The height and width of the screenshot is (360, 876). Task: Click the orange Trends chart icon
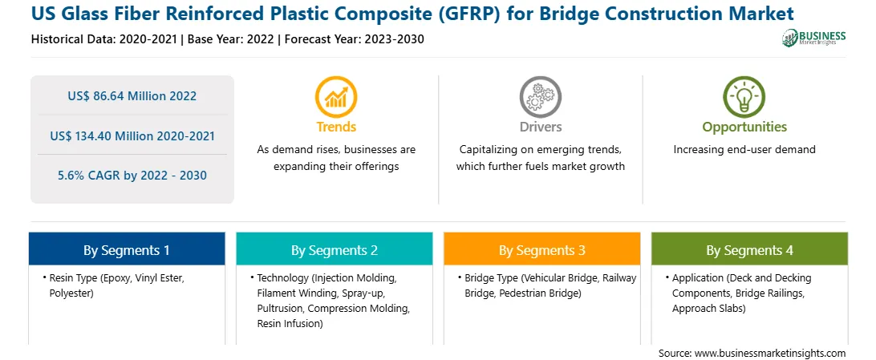[336, 96]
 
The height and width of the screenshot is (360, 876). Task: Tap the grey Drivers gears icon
[540, 96]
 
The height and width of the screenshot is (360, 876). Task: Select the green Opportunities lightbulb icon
[744, 96]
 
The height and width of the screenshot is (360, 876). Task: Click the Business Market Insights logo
[814, 38]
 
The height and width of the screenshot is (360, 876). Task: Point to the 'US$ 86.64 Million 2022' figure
[132, 96]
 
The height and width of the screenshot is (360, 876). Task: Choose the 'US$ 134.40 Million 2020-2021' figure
[132, 136]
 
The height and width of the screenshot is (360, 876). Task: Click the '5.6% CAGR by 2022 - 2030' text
[132, 176]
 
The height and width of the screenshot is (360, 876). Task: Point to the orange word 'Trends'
[336, 127]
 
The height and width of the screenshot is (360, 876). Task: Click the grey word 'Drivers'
[540, 127]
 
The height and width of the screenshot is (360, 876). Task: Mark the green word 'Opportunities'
[744, 127]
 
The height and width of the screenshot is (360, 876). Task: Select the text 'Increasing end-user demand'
[744, 150]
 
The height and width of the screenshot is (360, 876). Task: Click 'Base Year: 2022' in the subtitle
[231, 39]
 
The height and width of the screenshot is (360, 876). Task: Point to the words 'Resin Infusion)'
[290, 323]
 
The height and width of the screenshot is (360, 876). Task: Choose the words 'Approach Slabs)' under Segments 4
[709, 308]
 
